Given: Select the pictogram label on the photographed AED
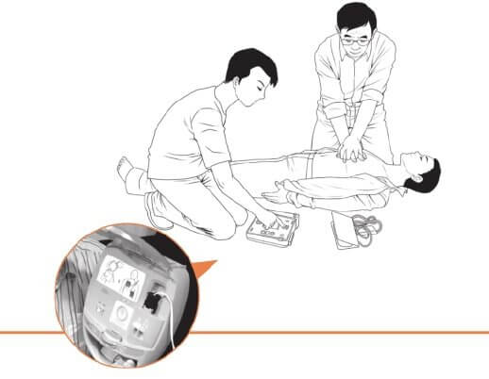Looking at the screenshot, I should [122, 277].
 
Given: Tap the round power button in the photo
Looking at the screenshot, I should [123, 314].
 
